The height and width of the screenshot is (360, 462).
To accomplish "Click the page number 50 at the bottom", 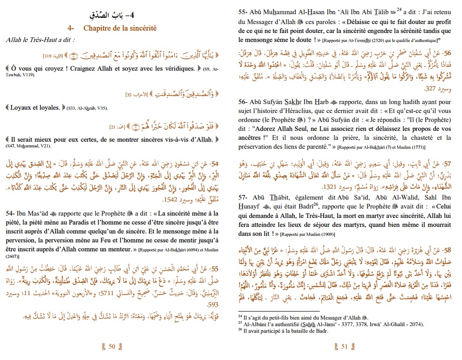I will pos(112,347).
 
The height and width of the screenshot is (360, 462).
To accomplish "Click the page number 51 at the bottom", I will pos(344,347).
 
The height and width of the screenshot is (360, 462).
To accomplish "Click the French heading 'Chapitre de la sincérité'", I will pos(120,28).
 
